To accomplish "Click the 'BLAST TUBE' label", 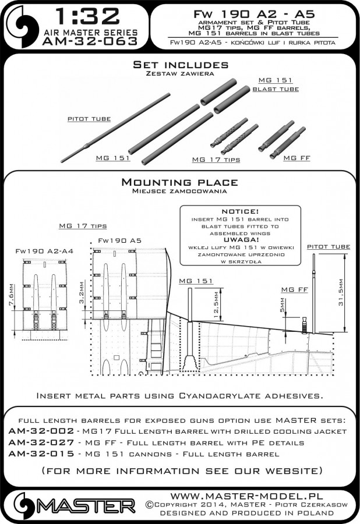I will pyautogui.click(x=276, y=89).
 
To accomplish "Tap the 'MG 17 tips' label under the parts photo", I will pyautogui.click(x=215, y=159).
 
